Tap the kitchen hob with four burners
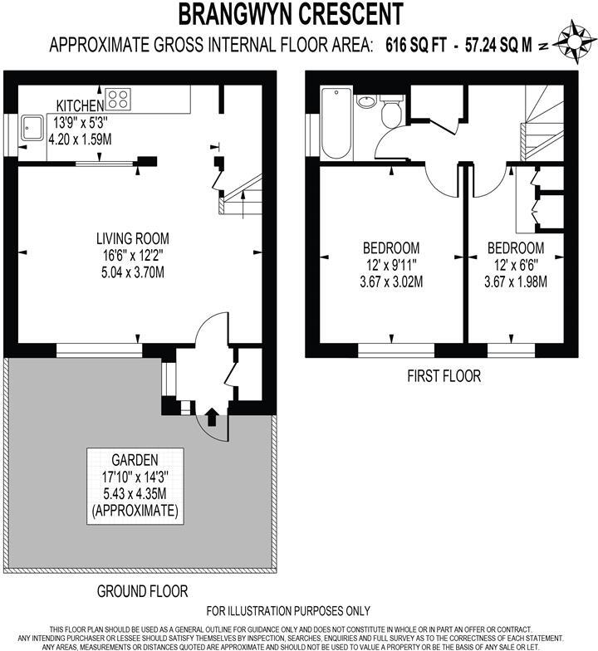pyautogui.click(x=117, y=100)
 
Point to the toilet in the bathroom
pyautogui.click(x=392, y=112)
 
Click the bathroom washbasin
pyautogui.click(x=366, y=103)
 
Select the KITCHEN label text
pyautogui.click(x=79, y=105)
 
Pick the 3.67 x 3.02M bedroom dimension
pyautogui.click(x=390, y=281)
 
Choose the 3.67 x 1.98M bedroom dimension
pyautogui.click(x=515, y=281)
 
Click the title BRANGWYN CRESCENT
pyautogui.click(x=292, y=14)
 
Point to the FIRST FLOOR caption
pyautogui.click(x=444, y=376)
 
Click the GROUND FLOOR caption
pyautogui.click(x=142, y=591)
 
